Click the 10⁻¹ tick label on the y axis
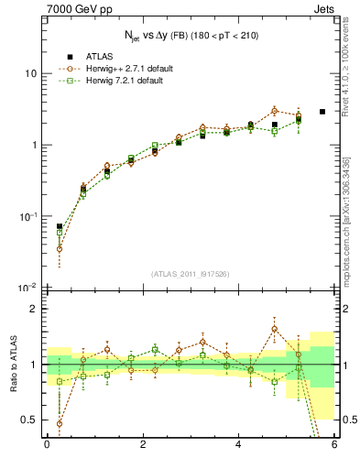(27, 216)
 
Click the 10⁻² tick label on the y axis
(27, 288)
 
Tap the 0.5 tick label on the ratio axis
(30, 420)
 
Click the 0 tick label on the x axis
(47, 446)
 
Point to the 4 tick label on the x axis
(238, 446)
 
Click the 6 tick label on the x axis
(334, 446)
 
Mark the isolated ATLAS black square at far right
(322, 112)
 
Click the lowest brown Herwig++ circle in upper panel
(60, 248)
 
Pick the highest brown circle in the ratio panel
(275, 329)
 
